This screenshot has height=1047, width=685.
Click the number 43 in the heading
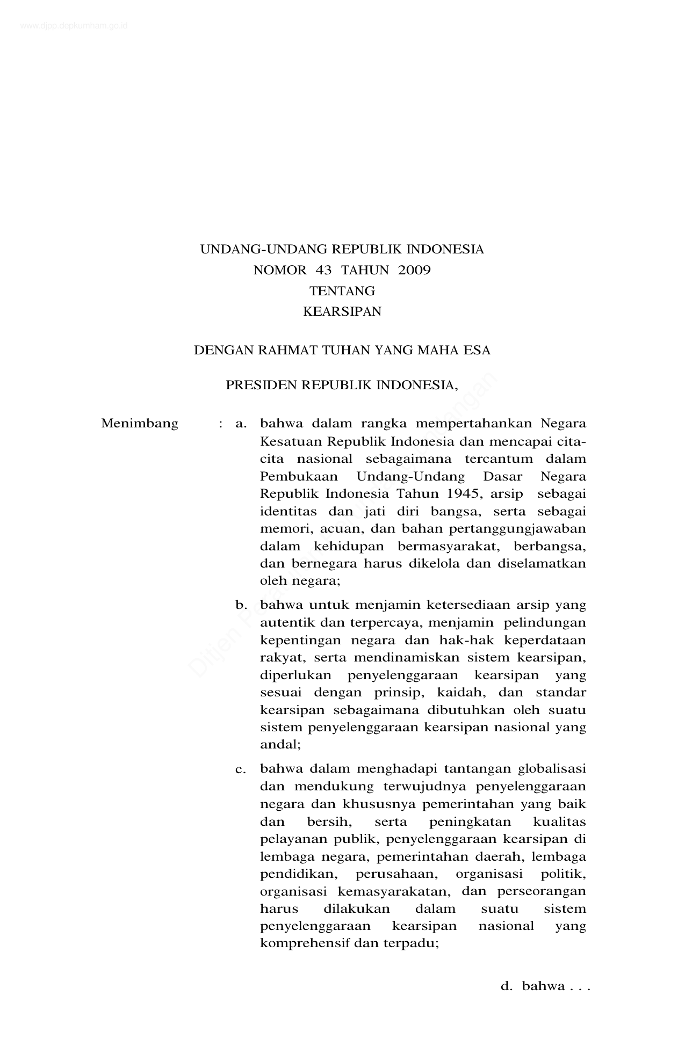pos(324,270)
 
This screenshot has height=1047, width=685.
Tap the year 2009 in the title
pos(414,270)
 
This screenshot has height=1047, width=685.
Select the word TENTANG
pos(342,291)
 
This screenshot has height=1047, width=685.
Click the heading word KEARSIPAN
pos(342,311)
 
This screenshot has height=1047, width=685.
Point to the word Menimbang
pos(140,424)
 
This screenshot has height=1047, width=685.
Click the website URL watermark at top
pos(74,25)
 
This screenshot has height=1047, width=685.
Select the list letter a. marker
pos(241,424)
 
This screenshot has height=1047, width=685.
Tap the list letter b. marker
pos(241,605)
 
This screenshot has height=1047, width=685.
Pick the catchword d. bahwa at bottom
pos(544,986)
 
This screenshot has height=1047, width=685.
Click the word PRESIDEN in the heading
pos(261,385)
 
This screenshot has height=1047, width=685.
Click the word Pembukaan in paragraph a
pos(299,476)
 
